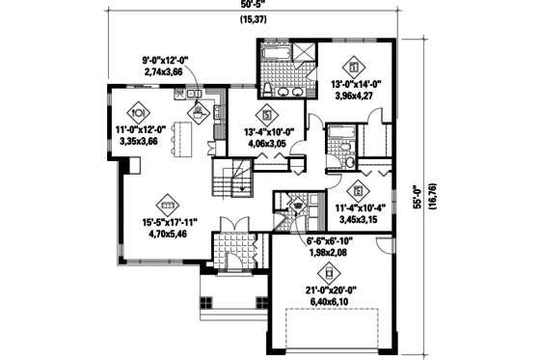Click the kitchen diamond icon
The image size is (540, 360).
(x=199, y=109)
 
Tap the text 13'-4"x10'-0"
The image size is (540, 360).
(x=264, y=133)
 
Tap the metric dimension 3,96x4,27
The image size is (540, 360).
(x=357, y=97)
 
